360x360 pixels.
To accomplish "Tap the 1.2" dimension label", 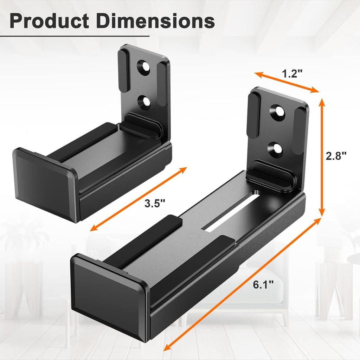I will pyautogui.click(x=292, y=74).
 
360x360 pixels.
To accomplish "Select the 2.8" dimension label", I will pyautogui.click(x=336, y=156).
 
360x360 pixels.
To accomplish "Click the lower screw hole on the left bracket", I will pyautogui.click(x=144, y=102).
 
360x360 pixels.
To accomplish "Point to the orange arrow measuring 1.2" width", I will pyautogui.click(x=287, y=82).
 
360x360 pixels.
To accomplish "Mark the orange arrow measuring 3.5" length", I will pyautogui.click(x=139, y=199).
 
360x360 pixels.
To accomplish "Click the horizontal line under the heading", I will pyautogui.click(x=75, y=36).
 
